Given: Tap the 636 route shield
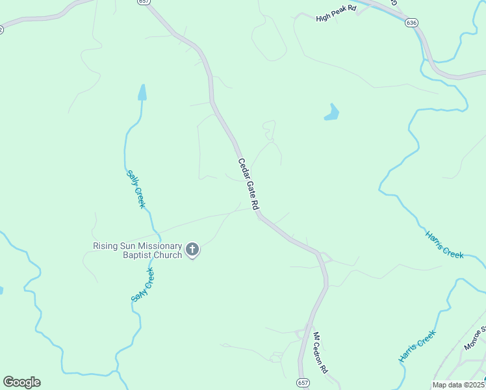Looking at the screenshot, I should click(x=411, y=22).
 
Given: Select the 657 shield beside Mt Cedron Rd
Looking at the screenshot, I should click(x=303, y=382).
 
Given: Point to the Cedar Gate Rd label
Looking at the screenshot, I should click(x=248, y=184).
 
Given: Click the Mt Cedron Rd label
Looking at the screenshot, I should click(x=320, y=353).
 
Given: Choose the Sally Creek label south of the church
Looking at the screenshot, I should click(x=142, y=287).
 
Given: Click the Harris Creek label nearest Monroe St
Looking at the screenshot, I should click(x=416, y=346).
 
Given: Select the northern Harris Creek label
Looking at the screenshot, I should click(x=444, y=244).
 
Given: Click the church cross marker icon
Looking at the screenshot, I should click(x=192, y=249).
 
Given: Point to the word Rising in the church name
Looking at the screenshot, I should click(x=105, y=246).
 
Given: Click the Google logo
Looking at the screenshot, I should click(x=21, y=382).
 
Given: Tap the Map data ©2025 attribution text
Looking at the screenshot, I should click(x=458, y=385).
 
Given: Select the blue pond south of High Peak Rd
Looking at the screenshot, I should click(x=332, y=113).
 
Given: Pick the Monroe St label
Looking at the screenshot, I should click(x=475, y=338).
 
